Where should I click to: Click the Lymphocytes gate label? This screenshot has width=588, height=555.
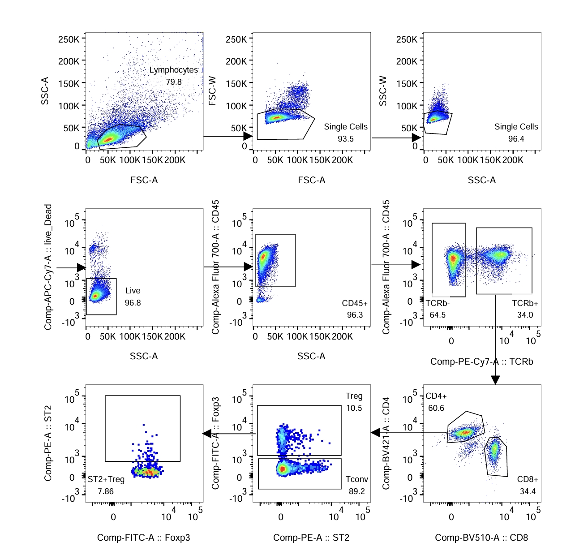(x=173, y=70)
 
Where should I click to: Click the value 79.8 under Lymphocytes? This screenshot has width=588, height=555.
(x=174, y=82)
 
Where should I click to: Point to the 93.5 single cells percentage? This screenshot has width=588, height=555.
(x=346, y=139)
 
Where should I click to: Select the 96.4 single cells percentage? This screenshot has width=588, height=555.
(x=516, y=139)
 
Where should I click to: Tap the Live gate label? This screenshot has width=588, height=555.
(x=133, y=291)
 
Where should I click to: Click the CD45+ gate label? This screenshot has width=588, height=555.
(x=355, y=303)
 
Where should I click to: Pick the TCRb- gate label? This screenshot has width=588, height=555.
(x=438, y=303)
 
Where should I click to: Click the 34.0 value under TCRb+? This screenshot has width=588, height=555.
(x=525, y=315)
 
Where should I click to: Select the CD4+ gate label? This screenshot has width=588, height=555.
(x=436, y=396)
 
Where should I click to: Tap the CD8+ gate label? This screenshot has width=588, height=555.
(x=528, y=479)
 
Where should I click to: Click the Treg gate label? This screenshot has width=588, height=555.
(x=354, y=396)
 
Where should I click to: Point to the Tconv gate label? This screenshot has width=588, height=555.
(x=356, y=479)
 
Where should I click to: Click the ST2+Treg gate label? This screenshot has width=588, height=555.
(x=106, y=479)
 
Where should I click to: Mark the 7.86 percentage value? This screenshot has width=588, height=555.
(x=106, y=491)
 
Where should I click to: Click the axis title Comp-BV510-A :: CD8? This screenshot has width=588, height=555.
(x=481, y=538)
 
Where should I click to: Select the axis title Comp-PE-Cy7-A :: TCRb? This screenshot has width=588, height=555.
(x=481, y=361)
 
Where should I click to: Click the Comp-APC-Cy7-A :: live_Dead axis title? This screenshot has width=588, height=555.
(x=48, y=267)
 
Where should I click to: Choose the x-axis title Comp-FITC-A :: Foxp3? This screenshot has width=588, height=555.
(x=143, y=538)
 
